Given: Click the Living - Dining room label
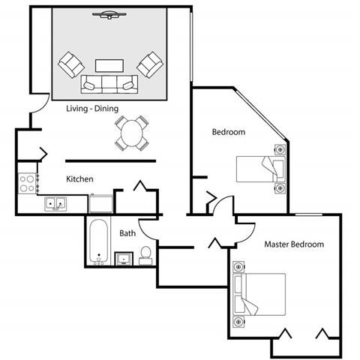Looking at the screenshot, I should click(91, 109).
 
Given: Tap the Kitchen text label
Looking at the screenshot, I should click(79, 179).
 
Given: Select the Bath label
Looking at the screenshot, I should click(127, 233).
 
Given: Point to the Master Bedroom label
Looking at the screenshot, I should click(294, 244).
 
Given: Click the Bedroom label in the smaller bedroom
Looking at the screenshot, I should click(229, 132).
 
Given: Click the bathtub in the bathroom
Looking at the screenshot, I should click(98, 241).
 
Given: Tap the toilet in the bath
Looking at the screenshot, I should click(146, 255).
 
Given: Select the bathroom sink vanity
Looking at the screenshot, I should click(124, 259).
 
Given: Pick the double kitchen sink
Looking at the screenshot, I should click(55, 203).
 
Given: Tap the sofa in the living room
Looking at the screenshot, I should click(109, 84).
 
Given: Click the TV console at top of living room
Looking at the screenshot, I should click(109, 14).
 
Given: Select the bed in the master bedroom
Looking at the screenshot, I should click(262, 293).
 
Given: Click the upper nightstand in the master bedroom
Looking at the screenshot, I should click(239, 266).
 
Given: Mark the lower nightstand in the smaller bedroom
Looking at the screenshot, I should click(280, 188).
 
